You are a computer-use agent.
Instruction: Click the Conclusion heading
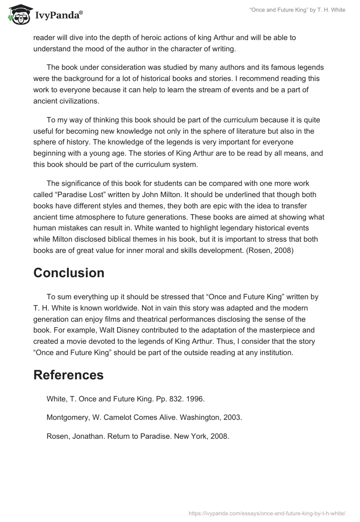(x=69, y=273)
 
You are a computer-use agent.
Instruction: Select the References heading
(x=68, y=375)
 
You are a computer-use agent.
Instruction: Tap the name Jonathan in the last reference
(x=88, y=436)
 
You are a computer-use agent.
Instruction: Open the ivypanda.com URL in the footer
(x=268, y=513)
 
